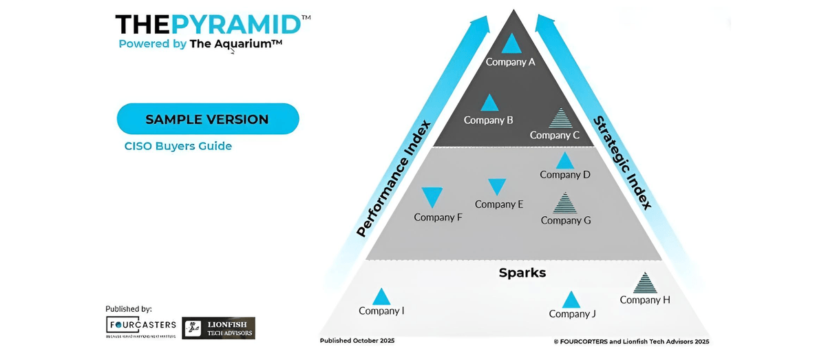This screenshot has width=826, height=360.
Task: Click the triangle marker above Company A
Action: pos(511,44)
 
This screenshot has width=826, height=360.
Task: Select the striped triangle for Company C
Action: pos(561,118)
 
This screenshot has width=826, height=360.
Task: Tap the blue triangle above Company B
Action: pos(489,104)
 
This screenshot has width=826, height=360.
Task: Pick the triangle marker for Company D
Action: pos(565,161)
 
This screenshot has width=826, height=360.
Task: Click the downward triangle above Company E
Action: pos(497,187)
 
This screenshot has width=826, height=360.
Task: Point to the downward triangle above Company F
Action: pos(432,198)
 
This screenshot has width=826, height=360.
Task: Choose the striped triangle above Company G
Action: pos(565,204)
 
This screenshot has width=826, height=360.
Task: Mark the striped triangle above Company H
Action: pos(645,283)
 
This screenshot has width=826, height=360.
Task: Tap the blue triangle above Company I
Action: pos(381,297)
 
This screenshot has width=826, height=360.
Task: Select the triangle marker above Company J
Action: pos(571,300)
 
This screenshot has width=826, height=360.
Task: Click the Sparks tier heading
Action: pos(522,273)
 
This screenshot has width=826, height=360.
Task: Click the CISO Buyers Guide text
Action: pos(178,146)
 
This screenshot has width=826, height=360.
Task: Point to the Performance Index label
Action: pos(394,178)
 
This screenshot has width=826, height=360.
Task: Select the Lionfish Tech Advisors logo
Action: pos(218,328)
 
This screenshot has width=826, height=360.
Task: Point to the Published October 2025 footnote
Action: pos(357,341)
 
